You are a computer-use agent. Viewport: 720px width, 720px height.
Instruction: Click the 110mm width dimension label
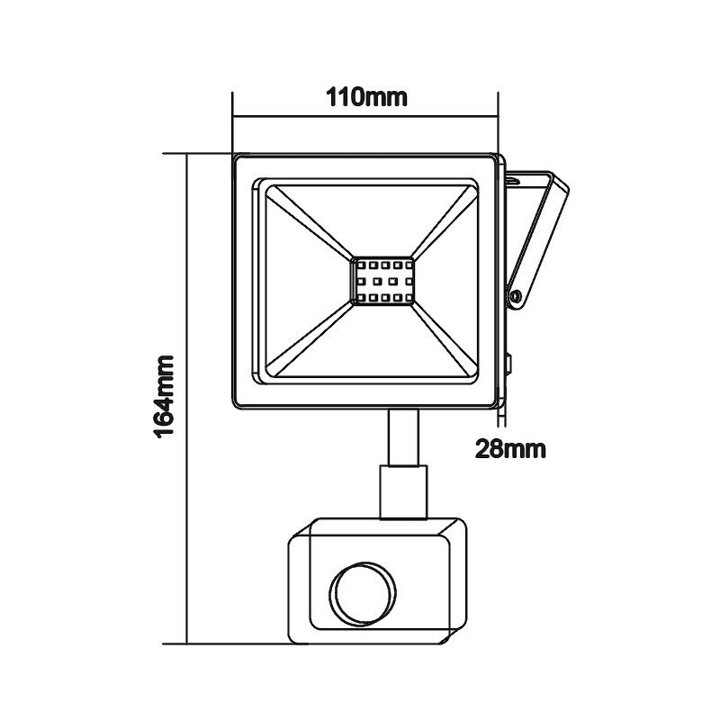click(x=365, y=97)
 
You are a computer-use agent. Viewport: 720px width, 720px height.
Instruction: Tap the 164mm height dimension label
click(x=165, y=396)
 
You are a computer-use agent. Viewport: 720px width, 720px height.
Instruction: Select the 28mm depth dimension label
click(x=510, y=448)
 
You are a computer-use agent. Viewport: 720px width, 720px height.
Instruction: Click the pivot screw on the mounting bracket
click(x=515, y=294)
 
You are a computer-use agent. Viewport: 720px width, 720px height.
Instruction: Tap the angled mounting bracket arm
click(x=538, y=238)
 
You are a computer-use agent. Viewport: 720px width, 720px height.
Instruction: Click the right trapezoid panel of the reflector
click(x=446, y=281)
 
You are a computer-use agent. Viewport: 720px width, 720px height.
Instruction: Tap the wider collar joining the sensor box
click(x=402, y=491)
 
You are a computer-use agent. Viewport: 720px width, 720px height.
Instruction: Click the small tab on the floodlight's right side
click(x=508, y=365)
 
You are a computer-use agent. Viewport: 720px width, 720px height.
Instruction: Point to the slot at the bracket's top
click(x=512, y=180)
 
